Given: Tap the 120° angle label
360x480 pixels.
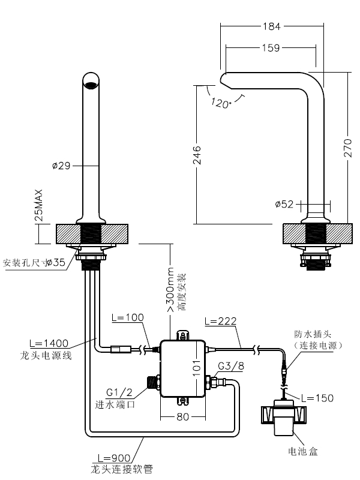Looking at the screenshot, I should click(221, 103).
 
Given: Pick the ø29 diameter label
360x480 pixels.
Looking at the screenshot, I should click(62, 166).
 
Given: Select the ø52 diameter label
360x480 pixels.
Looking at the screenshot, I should click(284, 204).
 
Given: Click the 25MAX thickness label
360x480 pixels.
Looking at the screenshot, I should click(39, 206).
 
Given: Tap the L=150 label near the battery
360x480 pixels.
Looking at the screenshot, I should click(317, 397).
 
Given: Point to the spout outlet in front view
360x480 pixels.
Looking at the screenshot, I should click(91, 85).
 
